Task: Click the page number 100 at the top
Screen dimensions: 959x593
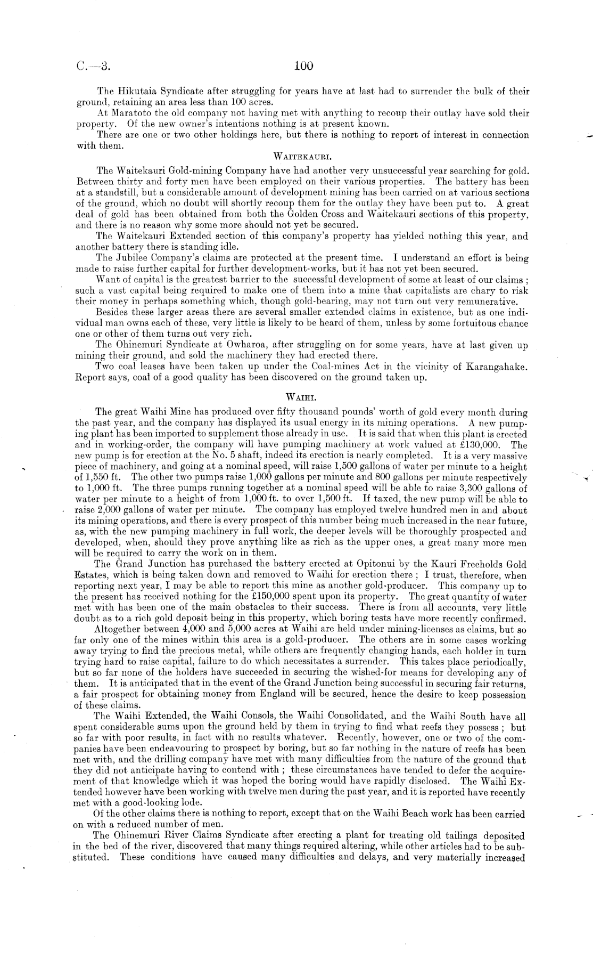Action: coord(303,66)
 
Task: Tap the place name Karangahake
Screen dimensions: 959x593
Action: coord(499,367)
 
